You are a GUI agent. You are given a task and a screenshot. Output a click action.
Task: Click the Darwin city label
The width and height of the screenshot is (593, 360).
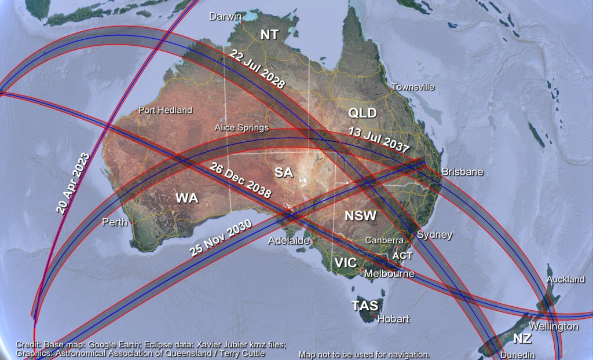click(x=225, y=18)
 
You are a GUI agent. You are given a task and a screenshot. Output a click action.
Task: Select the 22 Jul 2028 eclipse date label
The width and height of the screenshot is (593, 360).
click(x=257, y=69)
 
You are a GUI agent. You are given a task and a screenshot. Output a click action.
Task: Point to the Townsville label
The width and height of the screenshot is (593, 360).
click(x=413, y=87)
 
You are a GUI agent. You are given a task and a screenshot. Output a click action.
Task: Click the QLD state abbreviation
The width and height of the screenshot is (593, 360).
click(x=363, y=112)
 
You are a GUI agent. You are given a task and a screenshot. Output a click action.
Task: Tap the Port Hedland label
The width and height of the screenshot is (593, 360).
click(x=165, y=111)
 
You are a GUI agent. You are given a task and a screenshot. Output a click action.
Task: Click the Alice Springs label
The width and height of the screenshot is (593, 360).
click(x=241, y=127)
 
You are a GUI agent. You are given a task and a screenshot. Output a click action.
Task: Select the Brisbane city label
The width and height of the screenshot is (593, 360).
click(x=462, y=172)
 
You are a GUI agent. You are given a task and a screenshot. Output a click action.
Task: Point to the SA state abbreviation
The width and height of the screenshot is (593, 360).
click(x=283, y=172)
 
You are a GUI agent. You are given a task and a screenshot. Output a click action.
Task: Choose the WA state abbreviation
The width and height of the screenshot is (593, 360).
click(x=187, y=199)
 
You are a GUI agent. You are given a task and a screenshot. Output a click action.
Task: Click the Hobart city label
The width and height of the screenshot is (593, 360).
click(x=393, y=319)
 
